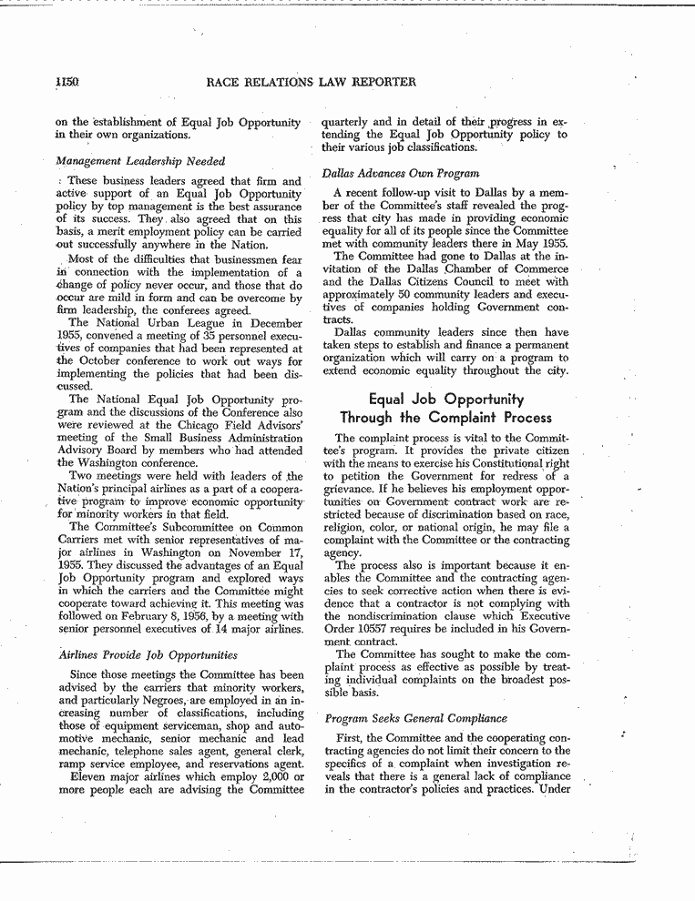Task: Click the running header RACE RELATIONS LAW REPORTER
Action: coord(312,82)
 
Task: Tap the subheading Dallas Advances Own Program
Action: coord(401,173)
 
